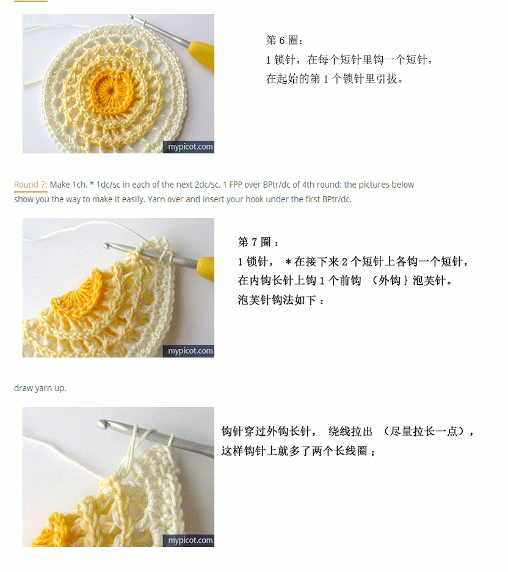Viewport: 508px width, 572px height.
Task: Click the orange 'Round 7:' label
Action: [x=31, y=185]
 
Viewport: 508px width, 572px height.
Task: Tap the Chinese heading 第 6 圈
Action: [x=285, y=40]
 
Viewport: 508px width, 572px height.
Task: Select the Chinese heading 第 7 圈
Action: [x=258, y=242]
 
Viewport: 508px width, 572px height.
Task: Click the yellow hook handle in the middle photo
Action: [x=206, y=268]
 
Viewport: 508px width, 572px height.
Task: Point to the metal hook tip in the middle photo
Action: [x=107, y=246]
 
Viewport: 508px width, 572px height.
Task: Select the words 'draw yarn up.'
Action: [x=40, y=388]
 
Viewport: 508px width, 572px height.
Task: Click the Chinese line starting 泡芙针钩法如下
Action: [x=281, y=300]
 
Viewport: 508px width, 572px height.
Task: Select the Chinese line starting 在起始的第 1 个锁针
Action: [x=335, y=79]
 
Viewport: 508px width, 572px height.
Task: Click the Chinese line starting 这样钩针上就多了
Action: [x=299, y=451]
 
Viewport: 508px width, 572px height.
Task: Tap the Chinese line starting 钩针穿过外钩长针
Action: [x=348, y=431]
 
